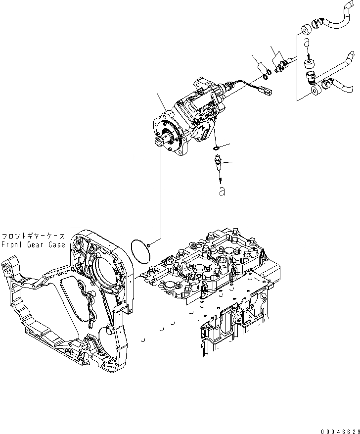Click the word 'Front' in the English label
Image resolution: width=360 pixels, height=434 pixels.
tap(11, 244)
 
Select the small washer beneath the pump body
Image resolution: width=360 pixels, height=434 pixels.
tap(216, 147)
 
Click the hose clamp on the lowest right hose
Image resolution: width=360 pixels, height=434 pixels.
tap(327, 87)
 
